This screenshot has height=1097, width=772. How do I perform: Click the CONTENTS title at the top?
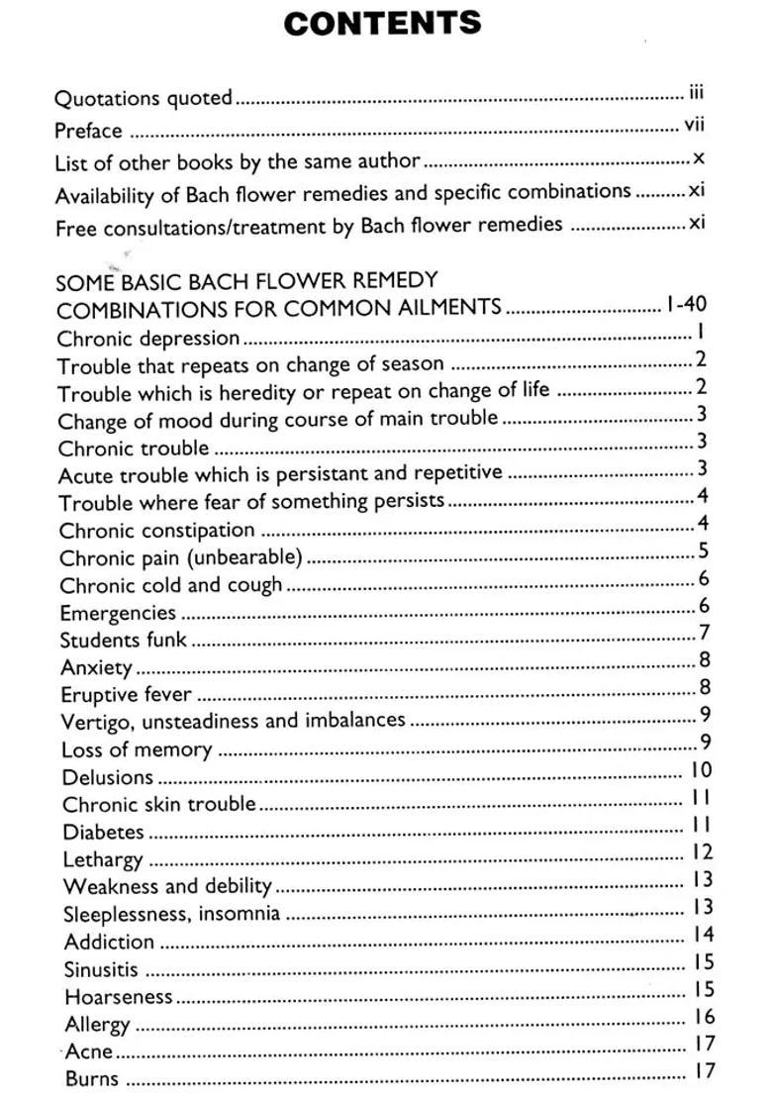coord(382,23)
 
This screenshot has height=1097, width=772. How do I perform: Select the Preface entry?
coord(88,131)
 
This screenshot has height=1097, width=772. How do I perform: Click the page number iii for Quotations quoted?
coord(696,94)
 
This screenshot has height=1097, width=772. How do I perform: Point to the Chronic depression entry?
coord(148,339)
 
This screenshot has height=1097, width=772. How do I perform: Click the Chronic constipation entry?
coord(156,531)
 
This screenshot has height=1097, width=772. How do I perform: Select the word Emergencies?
coord(118,613)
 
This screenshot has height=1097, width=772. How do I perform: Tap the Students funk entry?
coord(123,640)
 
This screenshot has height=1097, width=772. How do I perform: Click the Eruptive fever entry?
coord(126,694)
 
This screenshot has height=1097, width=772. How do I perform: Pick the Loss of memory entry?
coord(137,749)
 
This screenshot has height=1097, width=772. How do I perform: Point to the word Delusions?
coord(108,777)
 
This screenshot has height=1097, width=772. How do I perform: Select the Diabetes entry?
coord(103,832)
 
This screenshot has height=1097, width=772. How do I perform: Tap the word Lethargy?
coord(103,859)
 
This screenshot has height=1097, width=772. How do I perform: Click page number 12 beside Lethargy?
coord(702,851)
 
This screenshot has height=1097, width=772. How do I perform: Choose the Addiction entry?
coord(109,942)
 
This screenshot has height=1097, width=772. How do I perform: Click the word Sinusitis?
coord(101,969)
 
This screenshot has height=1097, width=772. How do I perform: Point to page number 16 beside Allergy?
coord(703,1016)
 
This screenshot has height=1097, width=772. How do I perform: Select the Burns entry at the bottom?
coord(92,1078)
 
